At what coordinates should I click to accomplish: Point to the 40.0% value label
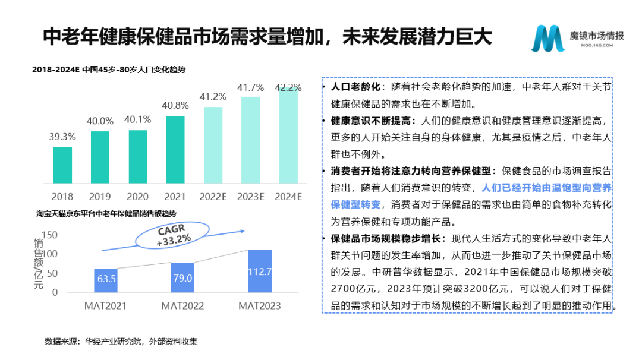point(100,121)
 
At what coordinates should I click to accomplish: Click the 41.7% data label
point(250,87)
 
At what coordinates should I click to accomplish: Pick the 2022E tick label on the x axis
point(213,196)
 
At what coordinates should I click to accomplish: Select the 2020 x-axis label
point(138,196)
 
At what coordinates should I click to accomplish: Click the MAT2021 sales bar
point(105,280)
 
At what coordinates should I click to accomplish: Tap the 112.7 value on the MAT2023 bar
point(260,272)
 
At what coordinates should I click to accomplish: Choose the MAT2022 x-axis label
point(182,306)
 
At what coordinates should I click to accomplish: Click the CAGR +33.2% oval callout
point(174,235)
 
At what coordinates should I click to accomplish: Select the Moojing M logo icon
point(547,39)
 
